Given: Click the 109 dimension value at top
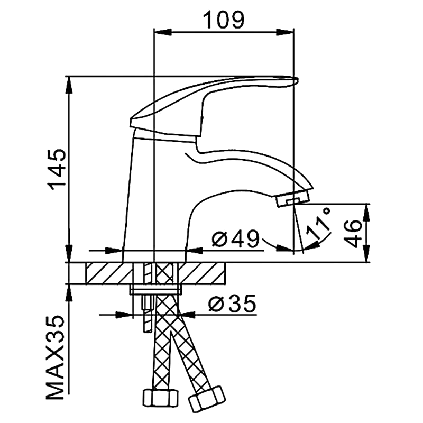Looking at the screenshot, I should [x=224, y=20].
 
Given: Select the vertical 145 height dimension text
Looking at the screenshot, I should [x=57, y=168].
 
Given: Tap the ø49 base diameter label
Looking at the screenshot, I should [x=236, y=240].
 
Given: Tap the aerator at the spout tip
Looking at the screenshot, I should [x=292, y=199].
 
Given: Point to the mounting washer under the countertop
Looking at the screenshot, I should [x=155, y=290].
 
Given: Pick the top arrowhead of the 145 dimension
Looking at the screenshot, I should [x=69, y=85].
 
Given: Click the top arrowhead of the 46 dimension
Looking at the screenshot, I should [x=368, y=212].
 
